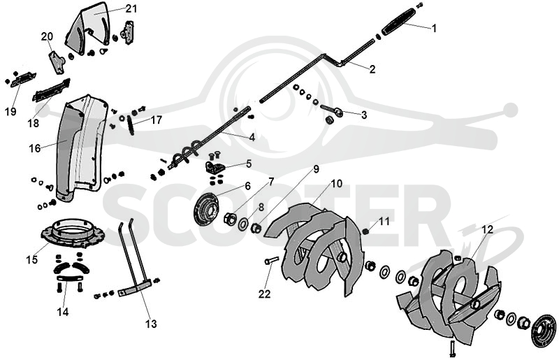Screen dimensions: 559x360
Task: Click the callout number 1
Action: coord(434,28)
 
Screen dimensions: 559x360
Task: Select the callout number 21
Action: coord(131,8)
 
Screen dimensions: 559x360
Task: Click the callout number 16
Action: coord(35,148)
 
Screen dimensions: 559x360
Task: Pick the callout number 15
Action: coord(31,259)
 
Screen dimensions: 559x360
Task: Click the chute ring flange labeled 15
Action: coord(73,233)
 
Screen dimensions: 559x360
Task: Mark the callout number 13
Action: coord(151,324)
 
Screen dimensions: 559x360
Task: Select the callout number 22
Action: coord(265,294)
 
